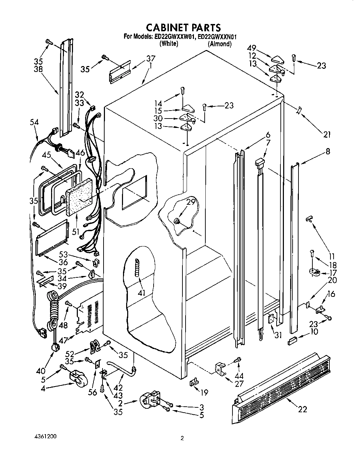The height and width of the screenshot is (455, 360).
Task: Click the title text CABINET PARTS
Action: click(x=183, y=27)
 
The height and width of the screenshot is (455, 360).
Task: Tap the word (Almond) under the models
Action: click(x=219, y=44)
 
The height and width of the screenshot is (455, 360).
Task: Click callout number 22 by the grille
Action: click(x=303, y=409)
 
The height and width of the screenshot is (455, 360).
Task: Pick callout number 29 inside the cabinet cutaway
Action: click(x=191, y=202)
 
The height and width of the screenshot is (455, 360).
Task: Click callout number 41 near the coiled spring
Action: click(x=141, y=293)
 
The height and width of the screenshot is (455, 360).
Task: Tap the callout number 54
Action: click(x=34, y=122)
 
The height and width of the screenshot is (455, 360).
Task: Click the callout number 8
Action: click(x=327, y=151)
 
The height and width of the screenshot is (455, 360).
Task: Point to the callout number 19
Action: click(x=204, y=392)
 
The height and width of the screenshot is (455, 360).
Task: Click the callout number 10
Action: click(x=314, y=331)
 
